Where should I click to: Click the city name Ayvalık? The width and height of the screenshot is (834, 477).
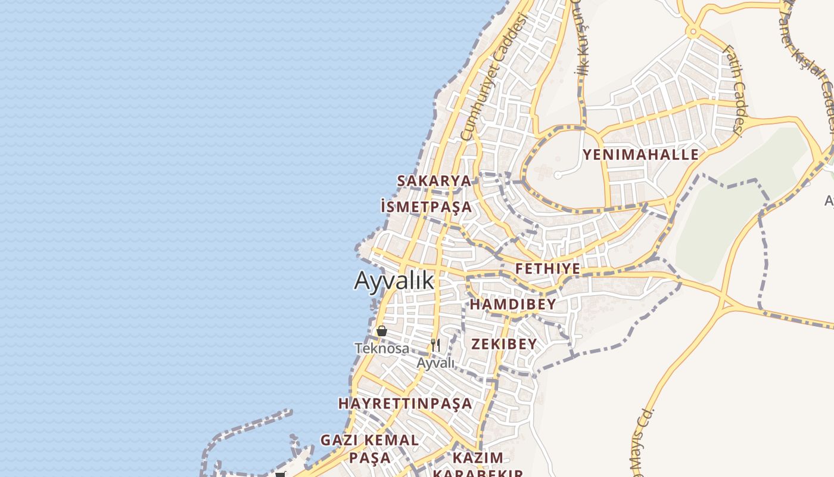(x=394, y=280)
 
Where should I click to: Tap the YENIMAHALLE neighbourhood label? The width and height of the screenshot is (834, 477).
(x=640, y=155)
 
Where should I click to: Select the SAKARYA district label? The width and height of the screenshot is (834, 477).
(x=434, y=181)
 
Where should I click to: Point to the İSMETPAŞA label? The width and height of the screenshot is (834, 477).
(x=426, y=207)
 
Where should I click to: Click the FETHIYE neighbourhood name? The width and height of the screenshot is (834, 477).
(x=547, y=269)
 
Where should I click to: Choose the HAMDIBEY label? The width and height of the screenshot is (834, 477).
(x=513, y=305)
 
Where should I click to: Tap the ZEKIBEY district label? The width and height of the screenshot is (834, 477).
(x=504, y=344)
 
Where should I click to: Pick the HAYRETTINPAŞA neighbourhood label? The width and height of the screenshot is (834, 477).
(x=405, y=404)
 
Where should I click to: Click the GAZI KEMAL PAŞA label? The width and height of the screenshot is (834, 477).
(x=369, y=449)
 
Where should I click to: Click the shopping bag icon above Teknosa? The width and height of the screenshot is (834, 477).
(x=382, y=331)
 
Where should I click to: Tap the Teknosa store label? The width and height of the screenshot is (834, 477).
(x=382, y=348)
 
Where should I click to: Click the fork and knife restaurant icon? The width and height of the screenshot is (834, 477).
(x=435, y=345)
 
